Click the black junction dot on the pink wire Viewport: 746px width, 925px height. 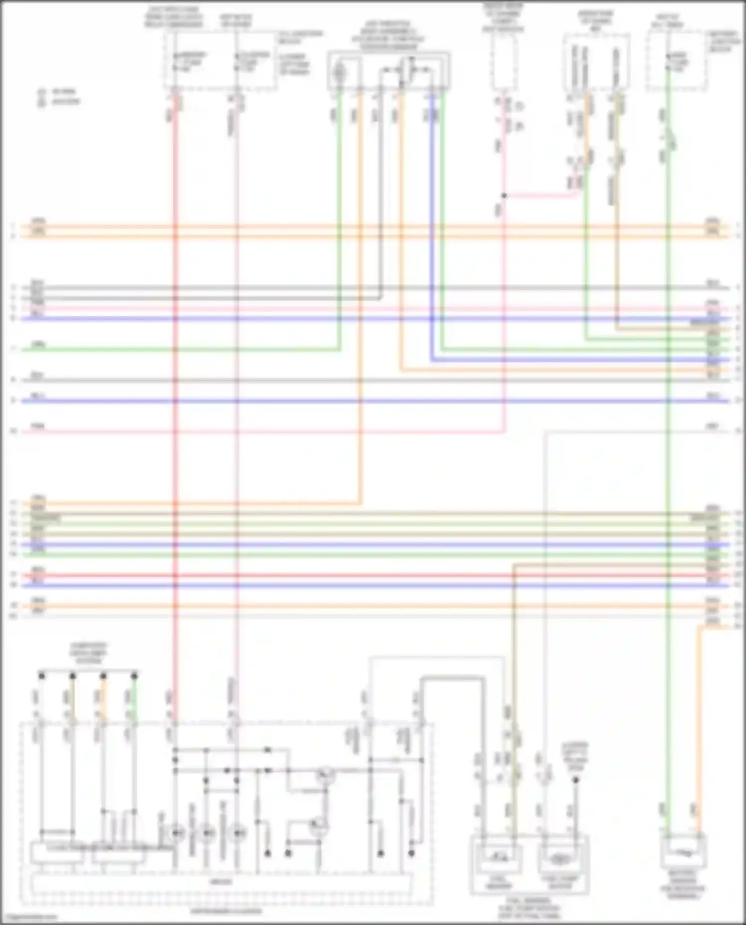click(504, 196)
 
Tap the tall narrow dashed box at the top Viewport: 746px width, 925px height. click(503, 62)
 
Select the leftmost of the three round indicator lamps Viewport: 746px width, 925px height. click(177, 832)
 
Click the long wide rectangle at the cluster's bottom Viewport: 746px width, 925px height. click(222, 882)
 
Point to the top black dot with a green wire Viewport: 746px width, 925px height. click(134, 676)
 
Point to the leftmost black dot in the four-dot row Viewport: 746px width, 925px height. click(42, 676)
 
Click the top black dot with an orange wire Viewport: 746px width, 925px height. click(103, 676)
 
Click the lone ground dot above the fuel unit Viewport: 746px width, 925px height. click(575, 780)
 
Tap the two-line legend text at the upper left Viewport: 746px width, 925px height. click(59, 96)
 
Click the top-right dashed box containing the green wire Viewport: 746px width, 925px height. click(676, 61)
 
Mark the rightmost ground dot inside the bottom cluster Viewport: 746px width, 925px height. click(411, 853)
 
